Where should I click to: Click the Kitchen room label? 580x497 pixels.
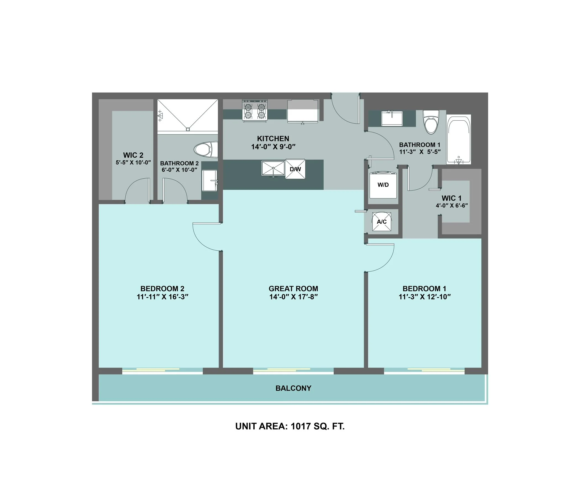[273, 139]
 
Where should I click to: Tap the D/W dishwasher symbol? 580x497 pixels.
[295, 169]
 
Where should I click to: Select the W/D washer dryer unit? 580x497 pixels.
[383, 185]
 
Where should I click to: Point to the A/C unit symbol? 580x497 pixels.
[381, 222]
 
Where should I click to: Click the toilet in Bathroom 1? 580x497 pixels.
[431, 122]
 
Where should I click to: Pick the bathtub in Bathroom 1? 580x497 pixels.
[458, 139]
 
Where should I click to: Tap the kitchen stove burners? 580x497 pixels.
[255, 111]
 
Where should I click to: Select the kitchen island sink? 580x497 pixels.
[273, 168]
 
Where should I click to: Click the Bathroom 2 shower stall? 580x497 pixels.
[188, 115]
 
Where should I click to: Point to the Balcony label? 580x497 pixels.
[293, 388]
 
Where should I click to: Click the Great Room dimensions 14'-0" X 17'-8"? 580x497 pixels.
[293, 297]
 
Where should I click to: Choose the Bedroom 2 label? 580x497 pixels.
[162, 289]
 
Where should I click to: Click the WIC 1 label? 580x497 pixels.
[452, 198]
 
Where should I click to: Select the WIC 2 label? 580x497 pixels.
[133, 155]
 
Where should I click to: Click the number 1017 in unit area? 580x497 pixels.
[301, 426]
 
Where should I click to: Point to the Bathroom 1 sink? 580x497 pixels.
[392, 118]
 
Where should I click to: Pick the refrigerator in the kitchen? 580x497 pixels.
[303, 111]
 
